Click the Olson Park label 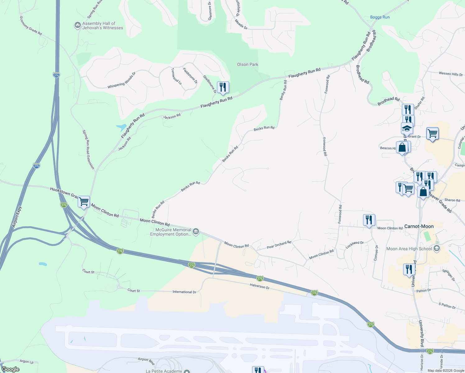pos(247,65)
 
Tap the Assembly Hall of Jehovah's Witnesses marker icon pos(77,25)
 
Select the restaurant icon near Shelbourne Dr pos(223,87)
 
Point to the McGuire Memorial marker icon pos(196,232)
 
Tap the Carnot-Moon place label pos(419,226)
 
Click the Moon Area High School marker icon pos(437,248)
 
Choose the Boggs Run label pos(380,17)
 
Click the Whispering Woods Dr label pos(122,81)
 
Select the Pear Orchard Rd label pos(279,245)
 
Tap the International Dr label pos(184,292)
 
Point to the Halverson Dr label pos(260,286)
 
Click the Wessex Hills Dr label pos(450,74)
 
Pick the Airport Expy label pos(17,217)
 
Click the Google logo pos(11,369)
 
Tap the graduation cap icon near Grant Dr pos(407,128)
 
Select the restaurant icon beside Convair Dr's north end pos(369,220)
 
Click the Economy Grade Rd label pos(30,26)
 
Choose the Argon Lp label pos(26,361)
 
